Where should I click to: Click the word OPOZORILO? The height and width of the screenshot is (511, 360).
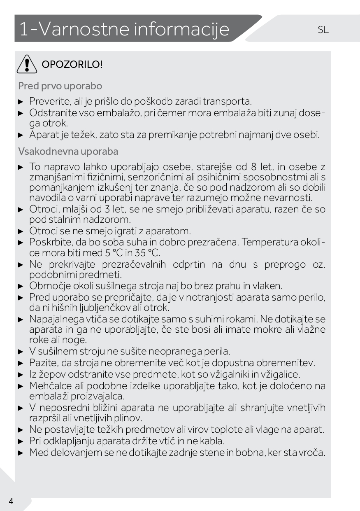point(72,65)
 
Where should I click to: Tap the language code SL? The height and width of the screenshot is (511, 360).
point(323,30)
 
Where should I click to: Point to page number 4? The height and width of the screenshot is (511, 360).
point(11,501)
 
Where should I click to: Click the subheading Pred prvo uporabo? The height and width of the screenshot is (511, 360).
point(60,86)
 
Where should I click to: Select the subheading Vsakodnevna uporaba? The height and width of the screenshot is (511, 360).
point(68,152)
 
